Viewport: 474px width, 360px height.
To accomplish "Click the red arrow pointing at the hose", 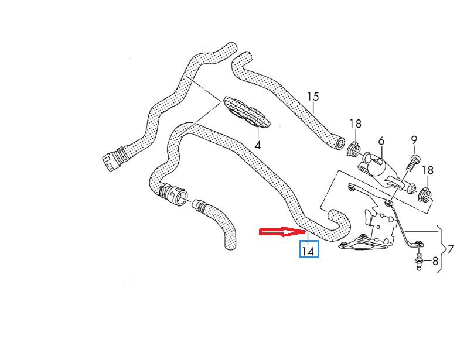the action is pyautogui.click(x=282, y=232).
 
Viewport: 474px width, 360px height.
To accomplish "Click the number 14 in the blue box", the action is pyautogui.click(x=308, y=251).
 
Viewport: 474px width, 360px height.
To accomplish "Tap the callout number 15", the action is pyautogui.click(x=313, y=97).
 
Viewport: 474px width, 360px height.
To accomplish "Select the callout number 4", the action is pyautogui.click(x=258, y=145).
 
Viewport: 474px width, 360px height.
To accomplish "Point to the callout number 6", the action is pyautogui.click(x=381, y=140).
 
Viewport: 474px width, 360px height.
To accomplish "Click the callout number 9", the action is pyautogui.click(x=414, y=140).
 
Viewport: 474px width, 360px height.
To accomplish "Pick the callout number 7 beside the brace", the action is pyautogui.click(x=451, y=249).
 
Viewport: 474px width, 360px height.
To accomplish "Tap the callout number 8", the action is pyautogui.click(x=435, y=260).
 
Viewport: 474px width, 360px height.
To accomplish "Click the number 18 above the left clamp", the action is pyautogui.click(x=356, y=124).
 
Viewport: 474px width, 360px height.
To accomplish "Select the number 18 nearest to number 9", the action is pyautogui.click(x=428, y=170).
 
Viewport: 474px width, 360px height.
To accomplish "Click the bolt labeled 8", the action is pyautogui.click(x=419, y=260).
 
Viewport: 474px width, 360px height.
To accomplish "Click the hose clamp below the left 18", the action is pyautogui.click(x=353, y=149).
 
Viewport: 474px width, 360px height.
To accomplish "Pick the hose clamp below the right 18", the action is pyautogui.click(x=424, y=195).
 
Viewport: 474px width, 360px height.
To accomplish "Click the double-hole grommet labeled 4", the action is pyautogui.click(x=246, y=112).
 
